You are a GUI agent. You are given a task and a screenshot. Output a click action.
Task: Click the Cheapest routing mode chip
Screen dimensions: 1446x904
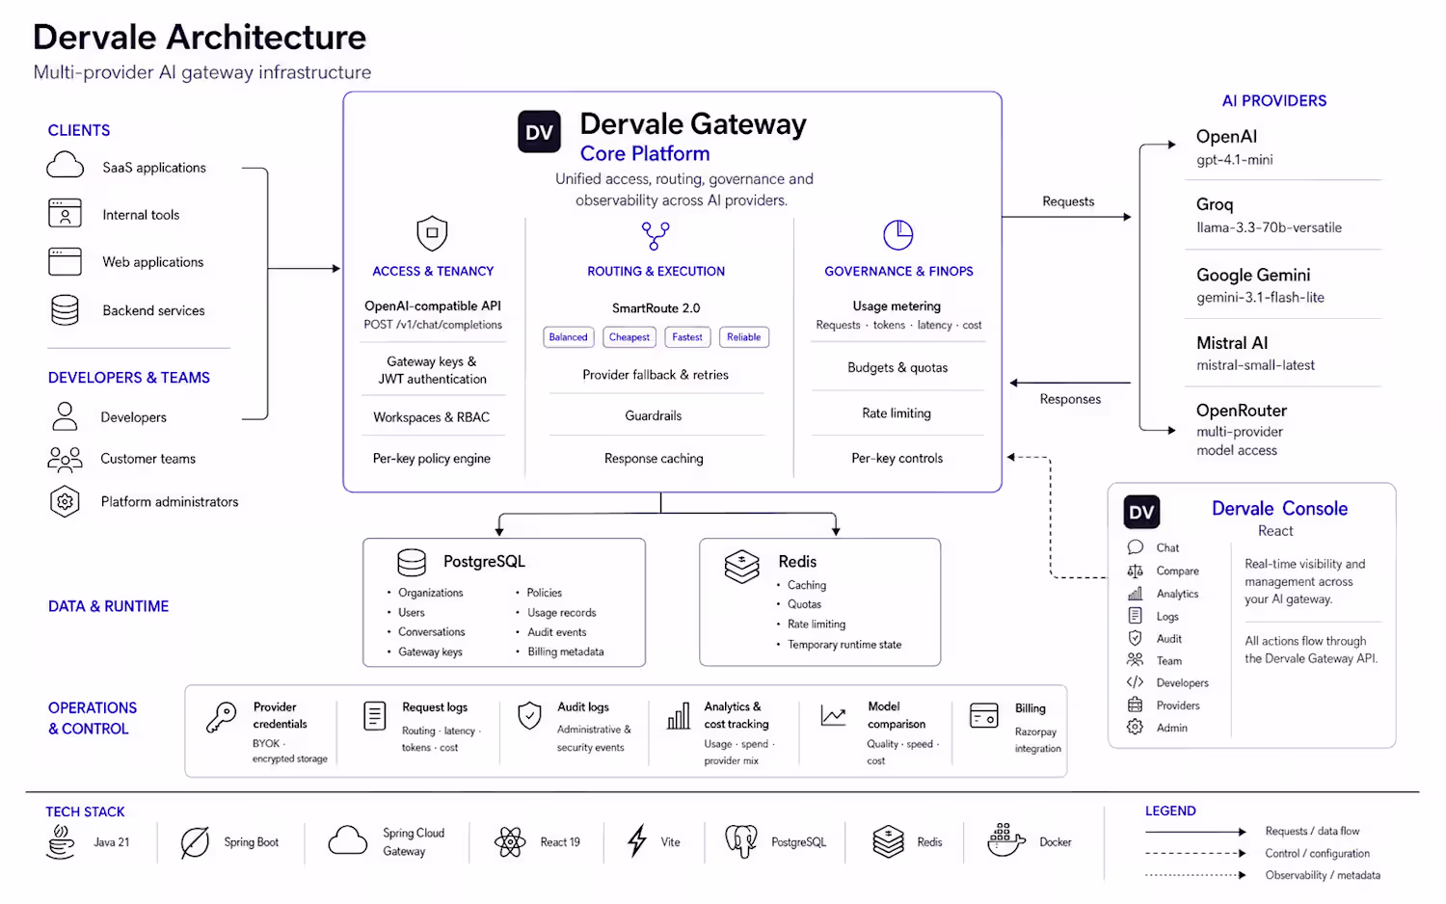(629, 336)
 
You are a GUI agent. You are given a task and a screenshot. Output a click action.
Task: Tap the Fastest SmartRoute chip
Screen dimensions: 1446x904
(686, 336)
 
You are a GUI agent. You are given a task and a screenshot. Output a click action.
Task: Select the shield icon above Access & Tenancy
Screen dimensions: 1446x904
(432, 233)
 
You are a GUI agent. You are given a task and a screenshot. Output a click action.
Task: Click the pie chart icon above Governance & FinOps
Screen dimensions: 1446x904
(897, 234)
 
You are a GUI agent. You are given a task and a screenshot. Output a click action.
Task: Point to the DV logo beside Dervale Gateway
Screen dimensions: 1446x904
(539, 132)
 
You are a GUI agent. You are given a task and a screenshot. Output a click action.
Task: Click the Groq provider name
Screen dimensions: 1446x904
(1215, 204)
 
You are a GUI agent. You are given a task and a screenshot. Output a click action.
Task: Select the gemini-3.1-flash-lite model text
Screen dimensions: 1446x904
(1260, 298)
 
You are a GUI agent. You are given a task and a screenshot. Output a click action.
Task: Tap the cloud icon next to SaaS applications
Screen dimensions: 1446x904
(65, 165)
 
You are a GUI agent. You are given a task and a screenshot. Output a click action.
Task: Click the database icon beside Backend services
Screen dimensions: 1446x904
(65, 309)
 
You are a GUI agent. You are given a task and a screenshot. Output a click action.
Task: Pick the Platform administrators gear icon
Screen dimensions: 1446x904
(65, 501)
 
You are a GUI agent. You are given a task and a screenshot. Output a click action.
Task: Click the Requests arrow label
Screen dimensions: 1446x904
(1068, 201)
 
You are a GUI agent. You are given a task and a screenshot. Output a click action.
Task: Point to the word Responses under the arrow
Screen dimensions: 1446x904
(1070, 399)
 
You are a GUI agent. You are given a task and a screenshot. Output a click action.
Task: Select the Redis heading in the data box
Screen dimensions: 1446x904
(797, 561)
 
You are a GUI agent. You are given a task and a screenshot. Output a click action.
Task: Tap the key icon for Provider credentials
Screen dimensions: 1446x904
(222, 717)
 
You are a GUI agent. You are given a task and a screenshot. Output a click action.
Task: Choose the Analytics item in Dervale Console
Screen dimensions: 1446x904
(1177, 594)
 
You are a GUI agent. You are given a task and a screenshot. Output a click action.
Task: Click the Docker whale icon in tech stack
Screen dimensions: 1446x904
(1005, 840)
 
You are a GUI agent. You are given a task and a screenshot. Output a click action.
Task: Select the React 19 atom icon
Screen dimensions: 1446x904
(510, 841)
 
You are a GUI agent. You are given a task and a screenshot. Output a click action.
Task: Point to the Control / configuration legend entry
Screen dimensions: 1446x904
(1317, 853)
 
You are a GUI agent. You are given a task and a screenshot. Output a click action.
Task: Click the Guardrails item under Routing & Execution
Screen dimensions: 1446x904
(653, 415)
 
